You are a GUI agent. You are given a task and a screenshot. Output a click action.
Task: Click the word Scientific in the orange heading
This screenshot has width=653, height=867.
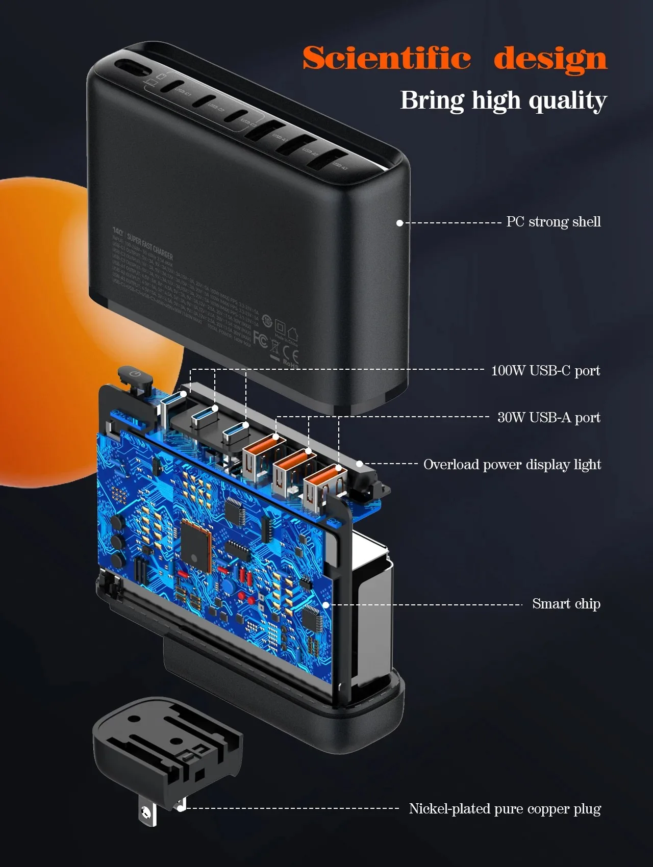386,58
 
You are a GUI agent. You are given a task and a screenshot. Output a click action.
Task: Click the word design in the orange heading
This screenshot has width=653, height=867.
550,59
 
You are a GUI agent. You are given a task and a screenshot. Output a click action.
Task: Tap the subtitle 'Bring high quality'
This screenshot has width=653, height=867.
503,100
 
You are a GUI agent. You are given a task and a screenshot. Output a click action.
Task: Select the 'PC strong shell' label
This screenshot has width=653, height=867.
553,222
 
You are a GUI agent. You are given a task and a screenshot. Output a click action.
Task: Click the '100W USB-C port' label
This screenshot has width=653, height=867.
545,370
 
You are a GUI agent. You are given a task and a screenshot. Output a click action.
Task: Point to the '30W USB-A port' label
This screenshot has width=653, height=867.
548,417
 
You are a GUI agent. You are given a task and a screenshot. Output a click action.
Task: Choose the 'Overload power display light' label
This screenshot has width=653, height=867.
512,464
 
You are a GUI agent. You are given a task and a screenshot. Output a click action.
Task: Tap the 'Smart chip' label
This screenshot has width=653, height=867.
566,604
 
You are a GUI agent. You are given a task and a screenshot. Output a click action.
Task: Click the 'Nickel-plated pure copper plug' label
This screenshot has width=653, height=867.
505,809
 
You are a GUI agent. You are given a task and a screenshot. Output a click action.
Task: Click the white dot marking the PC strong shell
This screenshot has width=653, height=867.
400,223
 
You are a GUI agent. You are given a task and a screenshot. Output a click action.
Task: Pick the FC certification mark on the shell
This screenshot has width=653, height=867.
260,340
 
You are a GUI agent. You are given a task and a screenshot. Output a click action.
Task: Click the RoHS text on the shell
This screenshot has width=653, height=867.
290,364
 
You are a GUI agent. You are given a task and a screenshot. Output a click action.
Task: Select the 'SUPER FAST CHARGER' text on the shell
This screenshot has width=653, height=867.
150,246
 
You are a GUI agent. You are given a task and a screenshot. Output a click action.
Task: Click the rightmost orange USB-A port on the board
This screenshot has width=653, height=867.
321,487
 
